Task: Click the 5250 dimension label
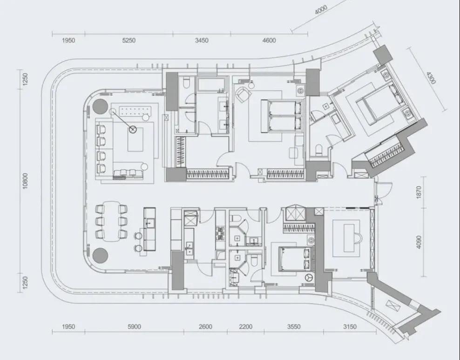(x=129, y=40)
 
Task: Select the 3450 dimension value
(x=202, y=40)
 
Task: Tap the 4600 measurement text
(x=269, y=40)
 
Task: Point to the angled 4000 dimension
(x=321, y=9)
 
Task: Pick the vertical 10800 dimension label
(x=26, y=181)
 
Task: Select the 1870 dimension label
(x=419, y=192)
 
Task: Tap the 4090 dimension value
(x=419, y=242)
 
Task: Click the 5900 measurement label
(x=134, y=327)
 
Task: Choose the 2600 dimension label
(x=205, y=327)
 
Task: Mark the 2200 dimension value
(x=245, y=327)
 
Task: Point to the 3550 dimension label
(x=293, y=327)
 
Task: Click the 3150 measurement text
(x=350, y=327)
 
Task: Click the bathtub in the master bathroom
(x=212, y=85)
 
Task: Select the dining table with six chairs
(x=112, y=221)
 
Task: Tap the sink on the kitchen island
(x=149, y=223)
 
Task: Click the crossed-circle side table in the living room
(x=133, y=129)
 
